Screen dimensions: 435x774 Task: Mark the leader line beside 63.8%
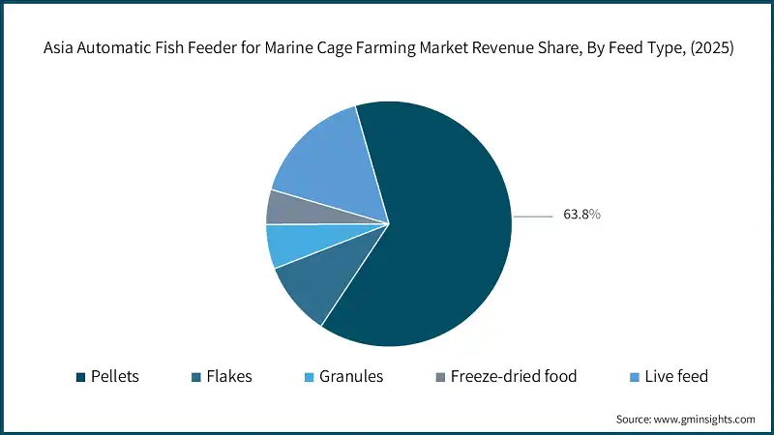(531, 216)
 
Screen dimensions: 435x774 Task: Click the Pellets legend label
(114, 377)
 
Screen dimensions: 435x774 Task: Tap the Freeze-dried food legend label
(513, 377)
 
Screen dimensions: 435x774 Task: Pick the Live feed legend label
(676, 377)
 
